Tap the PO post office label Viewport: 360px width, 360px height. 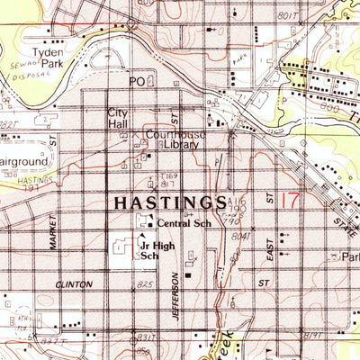pyautogui.click(x=137, y=81)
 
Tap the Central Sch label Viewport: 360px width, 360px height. pyautogui.click(x=183, y=222)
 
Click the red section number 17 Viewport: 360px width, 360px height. pyautogui.click(x=290, y=201)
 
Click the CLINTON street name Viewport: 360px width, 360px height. pyautogui.click(x=74, y=283)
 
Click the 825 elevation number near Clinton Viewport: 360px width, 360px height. pyautogui.click(x=143, y=283)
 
